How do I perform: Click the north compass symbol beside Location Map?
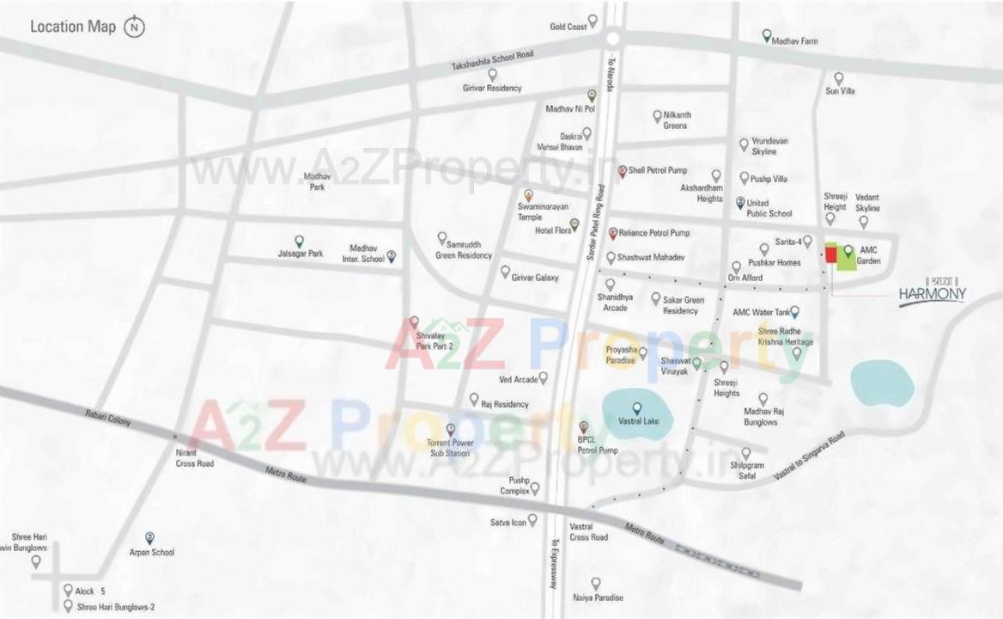tap(134, 27)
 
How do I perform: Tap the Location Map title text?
tap(73, 27)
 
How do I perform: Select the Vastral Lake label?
tap(636, 422)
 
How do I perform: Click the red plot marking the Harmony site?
tap(830, 254)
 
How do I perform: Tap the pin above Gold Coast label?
tap(593, 20)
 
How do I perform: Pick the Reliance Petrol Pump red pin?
tap(613, 233)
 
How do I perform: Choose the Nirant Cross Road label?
tap(193, 458)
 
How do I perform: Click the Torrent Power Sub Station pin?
tap(451, 429)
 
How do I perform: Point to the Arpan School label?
tap(151, 553)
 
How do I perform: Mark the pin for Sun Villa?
tap(839, 77)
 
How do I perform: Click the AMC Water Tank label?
tap(761, 312)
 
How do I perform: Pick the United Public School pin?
tap(740, 202)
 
